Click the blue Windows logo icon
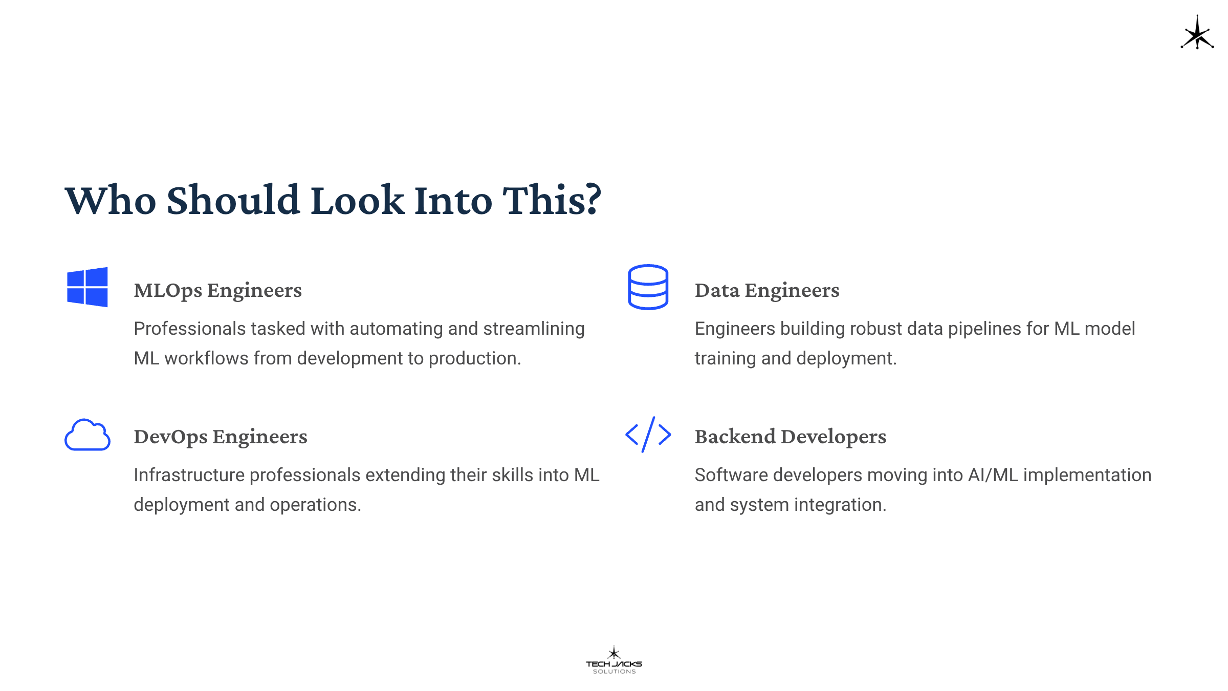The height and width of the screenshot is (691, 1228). point(87,287)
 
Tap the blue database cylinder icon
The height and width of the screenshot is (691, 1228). point(648,287)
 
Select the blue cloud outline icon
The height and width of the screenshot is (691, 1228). point(87,435)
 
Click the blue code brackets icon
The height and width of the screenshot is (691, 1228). point(648,435)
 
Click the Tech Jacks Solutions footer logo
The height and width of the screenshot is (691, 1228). point(614,660)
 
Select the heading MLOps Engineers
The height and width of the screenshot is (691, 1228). point(218,290)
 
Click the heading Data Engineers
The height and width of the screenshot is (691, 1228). point(767,290)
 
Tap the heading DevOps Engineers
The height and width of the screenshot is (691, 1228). point(221,437)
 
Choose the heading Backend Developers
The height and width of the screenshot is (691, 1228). point(791,437)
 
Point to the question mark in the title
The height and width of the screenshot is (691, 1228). point(592,200)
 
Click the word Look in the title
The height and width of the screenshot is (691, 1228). point(358,200)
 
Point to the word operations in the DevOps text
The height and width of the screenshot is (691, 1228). point(316,505)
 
